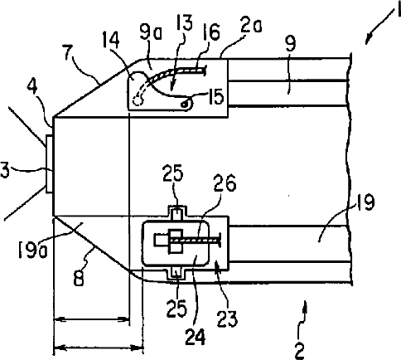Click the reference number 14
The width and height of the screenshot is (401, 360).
click(x=111, y=41)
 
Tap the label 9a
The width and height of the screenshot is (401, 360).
click(x=152, y=35)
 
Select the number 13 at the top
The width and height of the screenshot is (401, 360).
click(x=183, y=22)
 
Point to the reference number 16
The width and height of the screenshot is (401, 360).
click(x=210, y=32)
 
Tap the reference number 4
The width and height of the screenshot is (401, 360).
click(x=33, y=86)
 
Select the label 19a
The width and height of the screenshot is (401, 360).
click(x=33, y=249)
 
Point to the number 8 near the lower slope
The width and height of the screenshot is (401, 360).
click(x=79, y=278)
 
